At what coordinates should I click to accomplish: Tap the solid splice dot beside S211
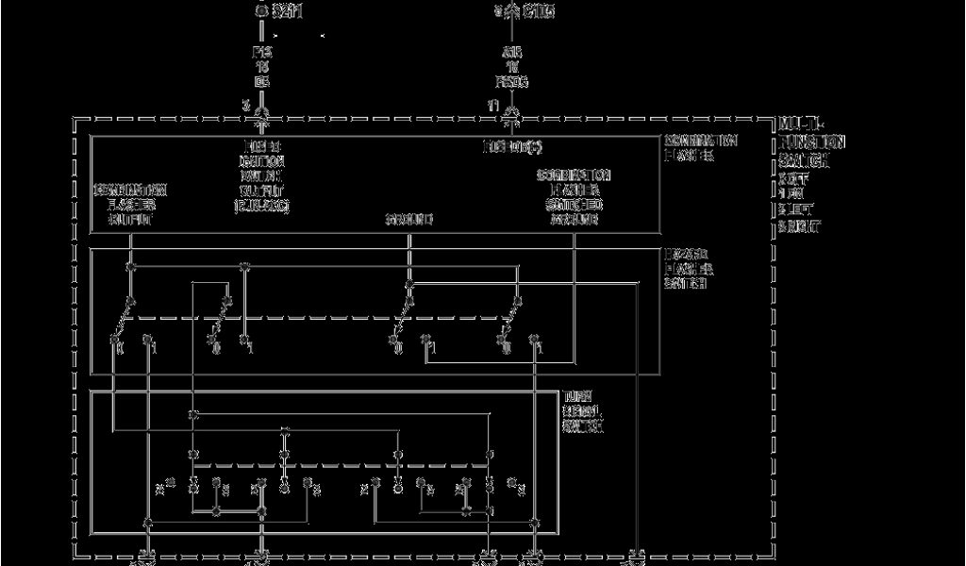[262, 11]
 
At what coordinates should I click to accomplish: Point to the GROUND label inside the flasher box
[408, 220]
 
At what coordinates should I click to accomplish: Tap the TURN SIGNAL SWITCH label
[584, 411]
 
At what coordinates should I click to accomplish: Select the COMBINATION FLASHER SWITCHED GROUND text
[574, 197]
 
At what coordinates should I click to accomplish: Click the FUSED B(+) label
[510, 146]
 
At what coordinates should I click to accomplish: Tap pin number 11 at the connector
[491, 105]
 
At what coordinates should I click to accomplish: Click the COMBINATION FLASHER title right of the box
[700, 147]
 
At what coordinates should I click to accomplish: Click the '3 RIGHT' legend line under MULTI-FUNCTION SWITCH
[801, 227]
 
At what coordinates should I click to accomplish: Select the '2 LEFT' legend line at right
[799, 210]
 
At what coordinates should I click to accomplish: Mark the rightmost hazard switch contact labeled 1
[540, 349]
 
